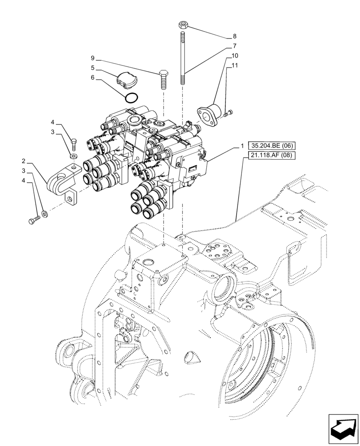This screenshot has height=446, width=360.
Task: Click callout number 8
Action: (234, 37)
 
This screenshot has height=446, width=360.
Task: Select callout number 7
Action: (234, 46)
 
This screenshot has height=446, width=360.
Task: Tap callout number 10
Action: (235, 56)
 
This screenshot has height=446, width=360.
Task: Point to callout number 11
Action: (235, 66)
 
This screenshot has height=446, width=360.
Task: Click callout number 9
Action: (93, 58)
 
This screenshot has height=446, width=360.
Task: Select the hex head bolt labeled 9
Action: (163, 78)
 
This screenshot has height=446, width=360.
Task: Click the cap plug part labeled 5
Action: (127, 80)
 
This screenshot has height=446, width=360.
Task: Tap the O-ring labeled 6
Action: (131, 97)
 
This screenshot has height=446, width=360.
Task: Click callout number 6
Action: (93, 78)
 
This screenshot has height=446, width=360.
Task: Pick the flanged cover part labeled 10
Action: (209, 115)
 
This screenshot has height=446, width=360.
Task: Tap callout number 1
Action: (241, 145)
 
